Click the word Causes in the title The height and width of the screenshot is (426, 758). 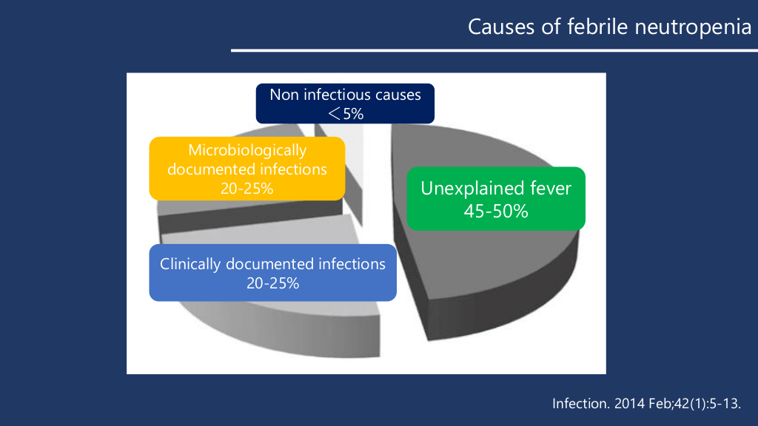pos(501,27)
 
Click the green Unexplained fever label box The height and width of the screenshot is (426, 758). pos(496,198)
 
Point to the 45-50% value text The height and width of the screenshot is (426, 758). pos(496,211)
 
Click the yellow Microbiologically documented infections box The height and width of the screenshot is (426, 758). pos(247,169)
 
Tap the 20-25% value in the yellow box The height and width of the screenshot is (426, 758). pos(247,189)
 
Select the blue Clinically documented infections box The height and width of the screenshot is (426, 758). pos(272,273)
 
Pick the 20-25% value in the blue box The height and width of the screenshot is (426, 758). pos(272,283)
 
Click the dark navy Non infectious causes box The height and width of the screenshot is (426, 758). pos(345,104)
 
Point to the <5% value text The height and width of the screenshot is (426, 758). pos(346,113)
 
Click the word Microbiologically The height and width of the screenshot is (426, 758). pos(247,150)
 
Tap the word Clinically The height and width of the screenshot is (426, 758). pos(190,264)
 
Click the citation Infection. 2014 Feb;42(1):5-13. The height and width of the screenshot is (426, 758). pos(646,403)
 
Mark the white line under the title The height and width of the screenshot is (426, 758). pos(494,50)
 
